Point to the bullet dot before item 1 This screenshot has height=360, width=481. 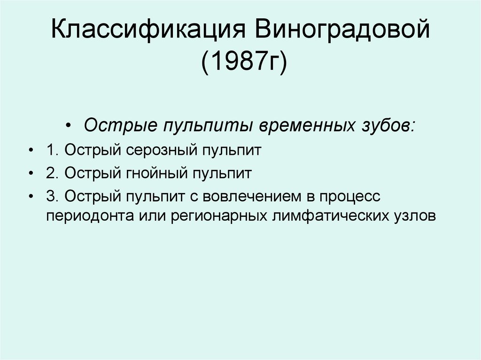pyautogui.click(x=31, y=152)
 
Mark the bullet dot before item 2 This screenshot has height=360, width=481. pyautogui.click(x=31, y=174)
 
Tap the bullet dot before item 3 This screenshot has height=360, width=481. pyautogui.click(x=31, y=197)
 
